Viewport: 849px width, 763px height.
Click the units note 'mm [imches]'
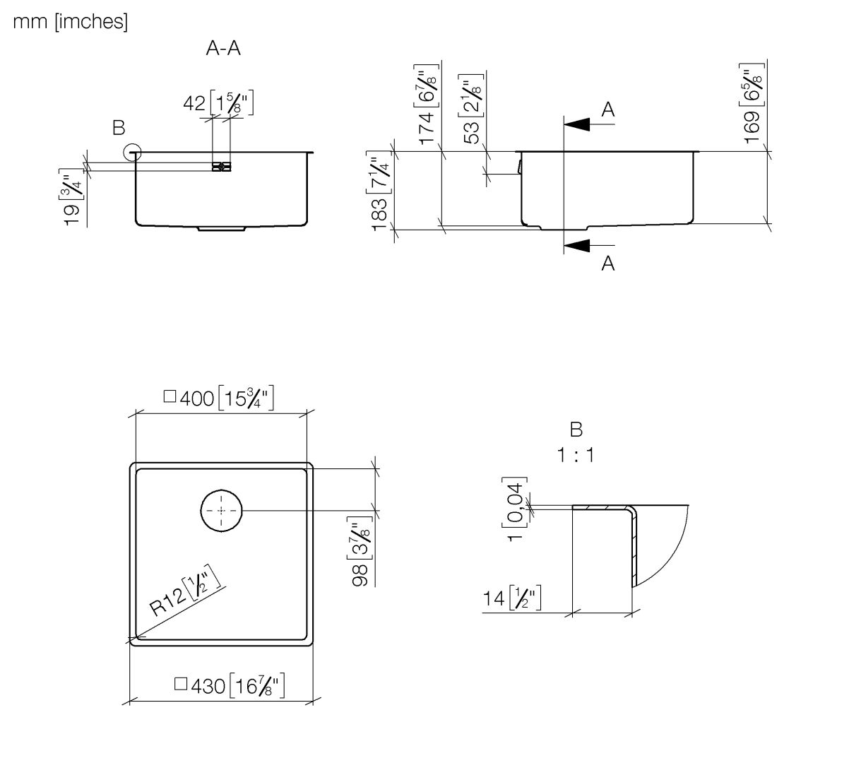[70, 23]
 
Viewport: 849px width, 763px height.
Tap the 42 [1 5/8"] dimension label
[218, 103]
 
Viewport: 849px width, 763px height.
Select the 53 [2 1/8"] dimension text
[473, 108]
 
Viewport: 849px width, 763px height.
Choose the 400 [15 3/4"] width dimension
[219, 398]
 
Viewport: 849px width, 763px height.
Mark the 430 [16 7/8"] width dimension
[230, 685]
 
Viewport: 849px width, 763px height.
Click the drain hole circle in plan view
[222, 510]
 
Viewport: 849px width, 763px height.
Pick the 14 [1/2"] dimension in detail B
[511, 599]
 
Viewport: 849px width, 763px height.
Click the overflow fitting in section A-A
[221, 167]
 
